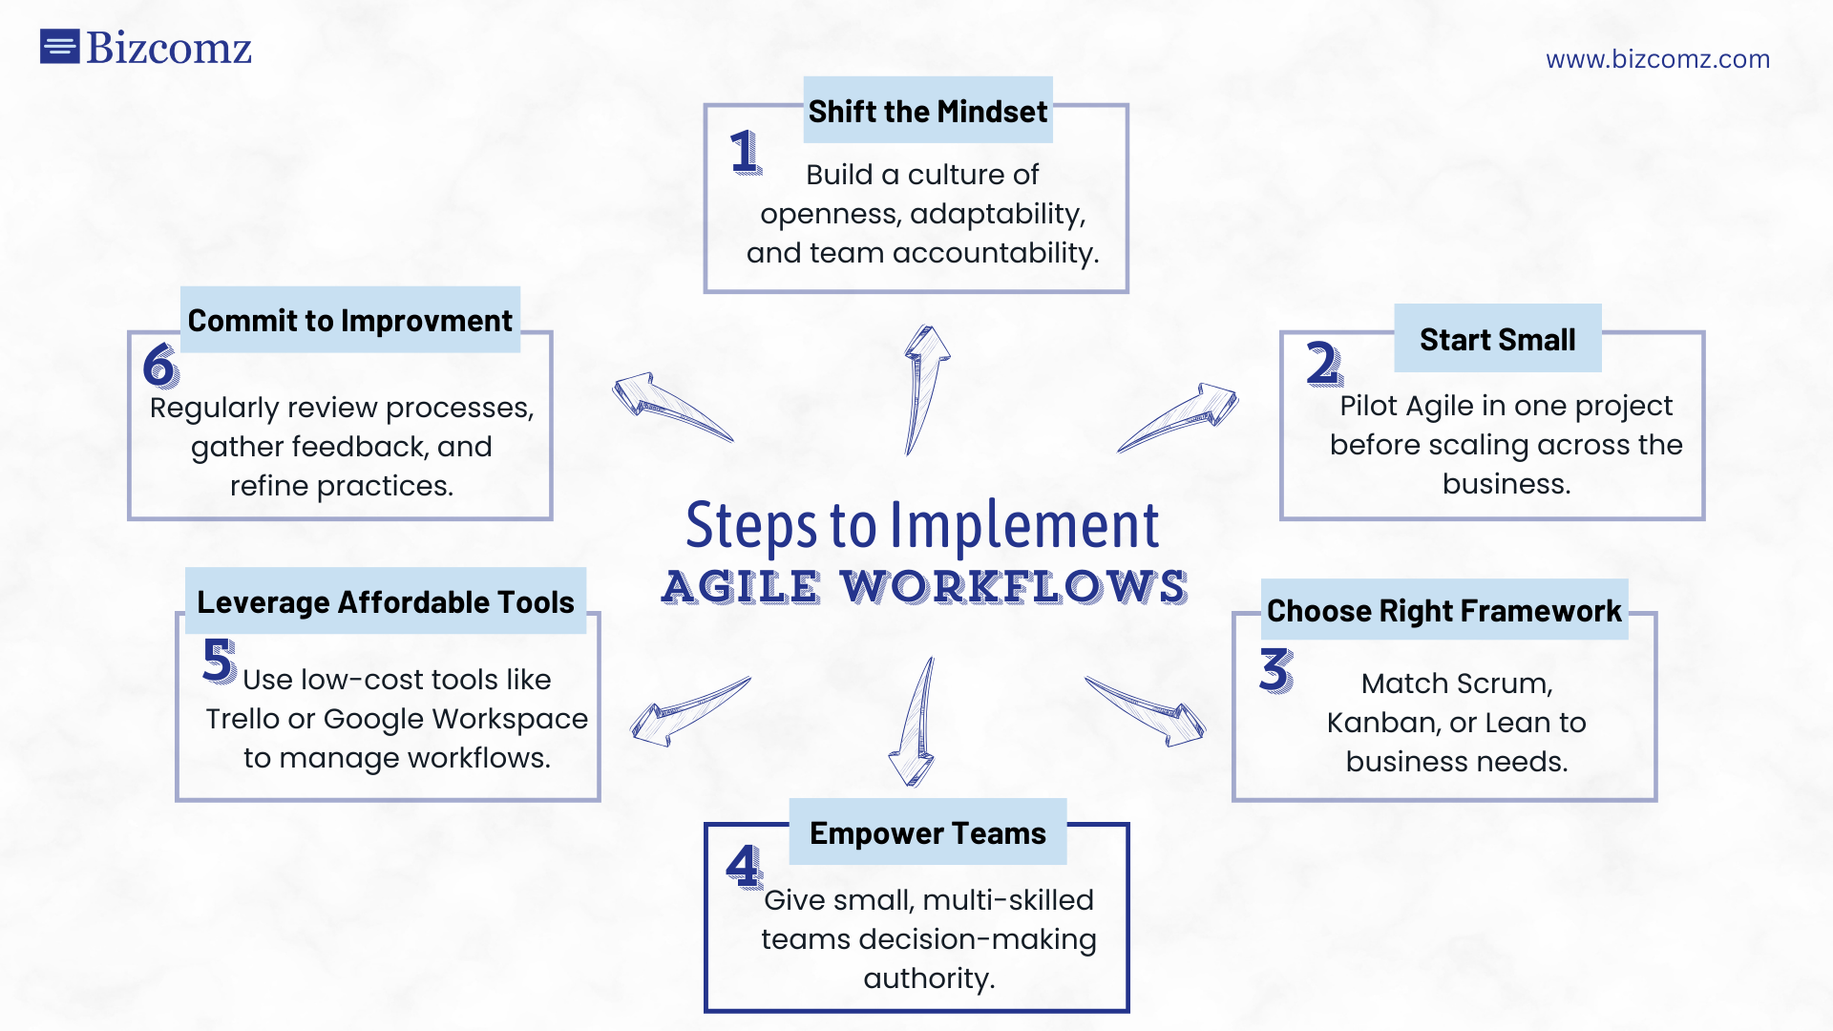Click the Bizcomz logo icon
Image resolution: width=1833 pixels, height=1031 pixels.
pyautogui.click(x=59, y=46)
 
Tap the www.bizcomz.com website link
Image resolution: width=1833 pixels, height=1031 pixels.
pyautogui.click(x=1657, y=59)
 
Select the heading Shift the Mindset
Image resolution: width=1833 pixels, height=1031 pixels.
pyautogui.click(x=928, y=112)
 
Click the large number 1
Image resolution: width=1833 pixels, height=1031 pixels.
pyautogui.click(x=746, y=153)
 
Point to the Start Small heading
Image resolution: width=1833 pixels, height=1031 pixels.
pyautogui.click(x=1497, y=339)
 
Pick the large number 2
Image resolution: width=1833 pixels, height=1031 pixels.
pyautogui.click(x=1324, y=364)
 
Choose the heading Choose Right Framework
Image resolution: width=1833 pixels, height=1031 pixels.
pyautogui.click(x=1443, y=611)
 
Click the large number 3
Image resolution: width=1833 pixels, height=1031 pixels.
pyautogui.click(x=1276, y=670)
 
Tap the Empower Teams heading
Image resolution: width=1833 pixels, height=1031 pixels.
pyautogui.click(x=928, y=833)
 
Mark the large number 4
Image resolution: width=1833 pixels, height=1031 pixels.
pyautogui.click(x=745, y=867)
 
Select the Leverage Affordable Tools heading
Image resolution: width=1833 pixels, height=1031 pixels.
pyautogui.click(x=386, y=602)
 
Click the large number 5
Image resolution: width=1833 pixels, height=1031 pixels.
pyautogui.click(x=220, y=661)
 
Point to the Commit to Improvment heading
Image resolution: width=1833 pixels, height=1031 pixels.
pyautogui.click(x=349, y=321)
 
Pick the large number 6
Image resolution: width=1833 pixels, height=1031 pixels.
pyautogui.click(x=160, y=366)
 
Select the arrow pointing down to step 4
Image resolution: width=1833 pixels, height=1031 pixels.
pyautogui.click(x=916, y=722)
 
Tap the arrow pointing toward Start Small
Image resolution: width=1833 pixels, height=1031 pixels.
pyautogui.click(x=1178, y=418)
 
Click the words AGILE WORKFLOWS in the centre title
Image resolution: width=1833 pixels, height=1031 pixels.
pyautogui.click(x=924, y=587)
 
